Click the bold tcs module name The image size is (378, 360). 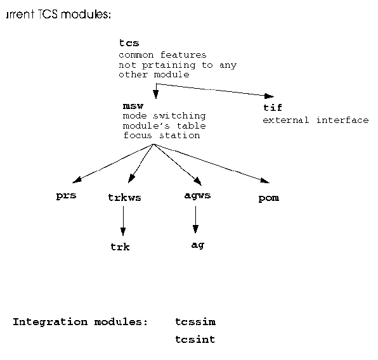tap(129, 43)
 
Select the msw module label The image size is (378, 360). tap(133, 106)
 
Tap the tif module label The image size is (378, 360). tap(273, 108)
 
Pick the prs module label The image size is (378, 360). tap(66, 195)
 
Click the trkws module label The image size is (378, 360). tap(124, 198)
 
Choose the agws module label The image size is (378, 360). tap(197, 195)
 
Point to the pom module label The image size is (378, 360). tap(269, 198)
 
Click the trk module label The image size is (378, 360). tap(120, 247)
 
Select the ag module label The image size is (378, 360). tap(198, 245)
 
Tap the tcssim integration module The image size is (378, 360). tap(195, 322)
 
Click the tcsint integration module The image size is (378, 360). tap(195, 340)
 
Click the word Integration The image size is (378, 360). tap(50, 322)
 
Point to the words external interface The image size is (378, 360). tap(316, 120)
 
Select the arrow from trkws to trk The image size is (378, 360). tap(123, 221)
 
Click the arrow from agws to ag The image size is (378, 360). tap(195, 219)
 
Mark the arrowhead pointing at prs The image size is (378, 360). tap(77, 180)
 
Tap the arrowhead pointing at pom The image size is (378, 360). tap(265, 181)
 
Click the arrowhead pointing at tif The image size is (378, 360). tap(269, 96)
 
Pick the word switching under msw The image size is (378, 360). tap(179, 116)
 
